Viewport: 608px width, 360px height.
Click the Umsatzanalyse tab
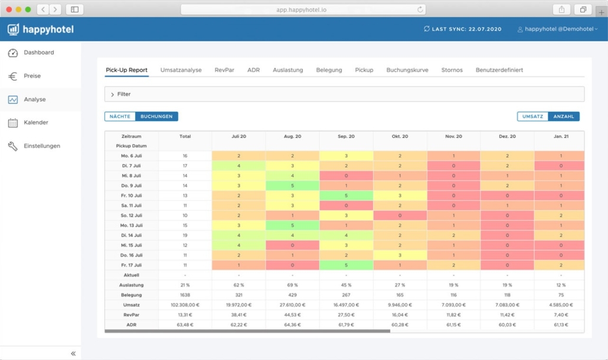(x=181, y=70)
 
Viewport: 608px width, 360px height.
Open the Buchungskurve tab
(x=407, y=70)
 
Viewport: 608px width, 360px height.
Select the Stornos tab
(x=452, y=70)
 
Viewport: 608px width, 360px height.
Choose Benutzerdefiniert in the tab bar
(x=499, y=70)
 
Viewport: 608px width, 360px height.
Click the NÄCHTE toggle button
(x=120, y=117)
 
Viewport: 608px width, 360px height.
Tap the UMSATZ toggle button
(x=532, y=117)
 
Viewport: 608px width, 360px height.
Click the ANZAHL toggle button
(x=563, y=117)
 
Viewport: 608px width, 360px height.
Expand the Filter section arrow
(x=112, y=94)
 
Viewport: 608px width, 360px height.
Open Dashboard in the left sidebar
(x=38, y=53)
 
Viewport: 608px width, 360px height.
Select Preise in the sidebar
(x=32, y=76)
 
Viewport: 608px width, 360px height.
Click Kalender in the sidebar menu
(x=35, y=123)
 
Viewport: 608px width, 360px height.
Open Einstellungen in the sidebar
(x=41, y=146)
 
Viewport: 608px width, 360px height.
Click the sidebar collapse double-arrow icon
(x=73, y=354)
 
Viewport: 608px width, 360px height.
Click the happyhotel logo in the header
(x=41, y=30)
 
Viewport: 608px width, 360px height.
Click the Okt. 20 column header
(x=400, y=136)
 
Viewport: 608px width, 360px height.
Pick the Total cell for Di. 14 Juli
(x=185, y=235)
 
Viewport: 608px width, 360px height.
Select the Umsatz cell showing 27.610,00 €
(x=292, y=305)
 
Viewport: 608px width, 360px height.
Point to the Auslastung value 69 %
(x=292, y=285)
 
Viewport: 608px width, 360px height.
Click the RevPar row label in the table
(x=131, y=315)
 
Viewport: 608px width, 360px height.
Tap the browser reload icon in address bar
(x=420, y=9)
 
